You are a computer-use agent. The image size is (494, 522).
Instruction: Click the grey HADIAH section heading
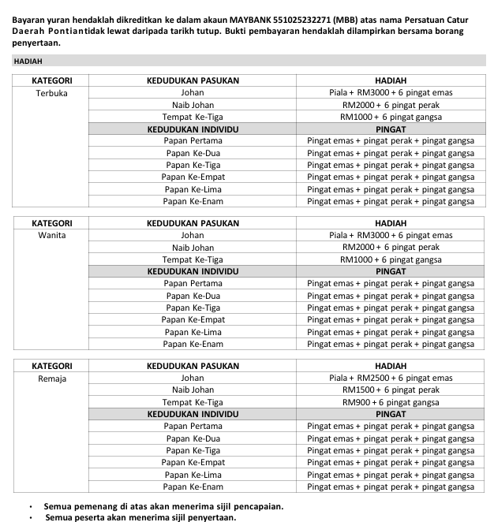[28, 61]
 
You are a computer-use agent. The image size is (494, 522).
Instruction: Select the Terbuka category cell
[52, 93]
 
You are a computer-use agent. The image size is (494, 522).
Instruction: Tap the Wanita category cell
[52, 235]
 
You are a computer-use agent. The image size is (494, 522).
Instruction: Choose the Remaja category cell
[52, 378]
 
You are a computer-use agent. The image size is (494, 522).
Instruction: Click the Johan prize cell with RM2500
[391, 378]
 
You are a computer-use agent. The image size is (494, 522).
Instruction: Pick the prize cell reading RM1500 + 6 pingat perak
[391, 390]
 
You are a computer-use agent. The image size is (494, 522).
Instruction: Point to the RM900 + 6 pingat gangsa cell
[391, 402]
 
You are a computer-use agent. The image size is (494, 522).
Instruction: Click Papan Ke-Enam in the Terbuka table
[193, 201]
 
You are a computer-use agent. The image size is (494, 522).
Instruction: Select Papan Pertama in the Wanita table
[193, 283]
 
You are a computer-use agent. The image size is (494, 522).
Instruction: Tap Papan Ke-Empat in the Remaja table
[193, 462]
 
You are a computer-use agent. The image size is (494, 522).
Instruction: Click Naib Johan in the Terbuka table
[193, 105]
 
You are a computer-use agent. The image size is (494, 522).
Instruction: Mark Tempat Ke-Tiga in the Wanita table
[193, 259]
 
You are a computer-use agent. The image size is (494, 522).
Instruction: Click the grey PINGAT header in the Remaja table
[391, 413]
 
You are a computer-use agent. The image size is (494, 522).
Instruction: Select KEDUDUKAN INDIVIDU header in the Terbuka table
[193, 129]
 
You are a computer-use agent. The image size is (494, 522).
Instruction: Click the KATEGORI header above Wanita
[52, 223]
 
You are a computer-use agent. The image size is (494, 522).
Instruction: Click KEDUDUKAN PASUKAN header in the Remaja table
[193, 366]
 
